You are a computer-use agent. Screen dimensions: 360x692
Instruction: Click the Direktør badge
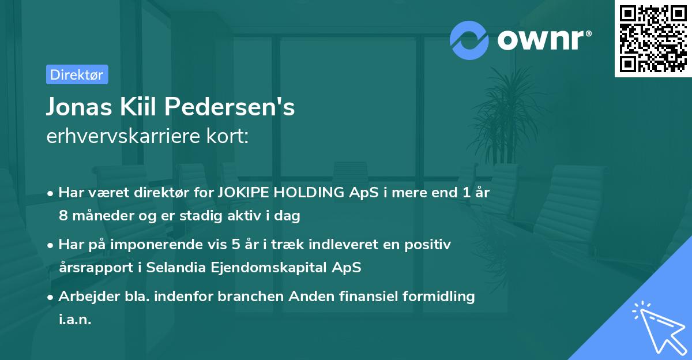click(x=77, y=74)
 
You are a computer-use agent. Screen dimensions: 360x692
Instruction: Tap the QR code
click(x=653, y=38)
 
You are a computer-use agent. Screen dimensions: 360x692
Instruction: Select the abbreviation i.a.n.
click(x=75, y=320)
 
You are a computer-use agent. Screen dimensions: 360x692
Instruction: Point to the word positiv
click(x=430, y=245)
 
